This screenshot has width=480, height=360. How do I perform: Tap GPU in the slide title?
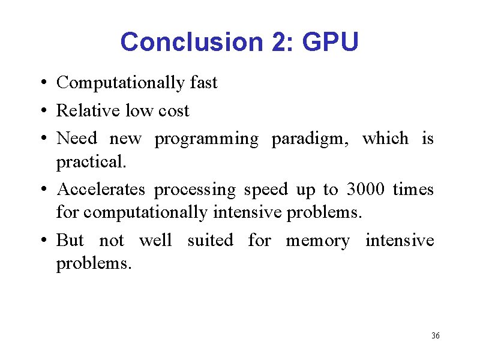331,43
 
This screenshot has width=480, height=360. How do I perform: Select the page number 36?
436,335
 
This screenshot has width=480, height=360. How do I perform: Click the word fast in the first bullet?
203,83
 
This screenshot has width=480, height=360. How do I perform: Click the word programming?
206,140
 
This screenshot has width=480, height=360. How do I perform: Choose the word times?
413,190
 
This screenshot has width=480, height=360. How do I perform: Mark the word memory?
317,241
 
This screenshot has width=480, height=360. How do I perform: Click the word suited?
210,241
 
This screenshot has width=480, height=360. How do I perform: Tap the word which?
385,139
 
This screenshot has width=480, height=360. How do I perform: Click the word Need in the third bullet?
77,139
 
